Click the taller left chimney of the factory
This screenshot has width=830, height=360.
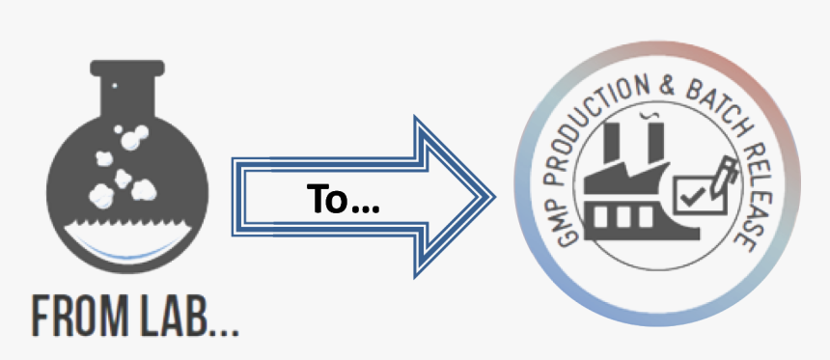[611, 150]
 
